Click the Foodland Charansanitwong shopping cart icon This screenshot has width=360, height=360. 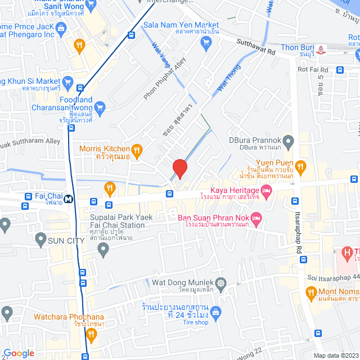pyautogui.click(x=100, y=106)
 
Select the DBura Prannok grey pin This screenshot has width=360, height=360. pyautogui.click(x=288, y=141)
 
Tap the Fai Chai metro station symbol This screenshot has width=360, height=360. pyautogui.click(x=67, y=198)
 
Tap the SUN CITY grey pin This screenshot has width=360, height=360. pyautogui.click(x=40, y=240)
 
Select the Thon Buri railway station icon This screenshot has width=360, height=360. pyautogui.click(x=321, y=49)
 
